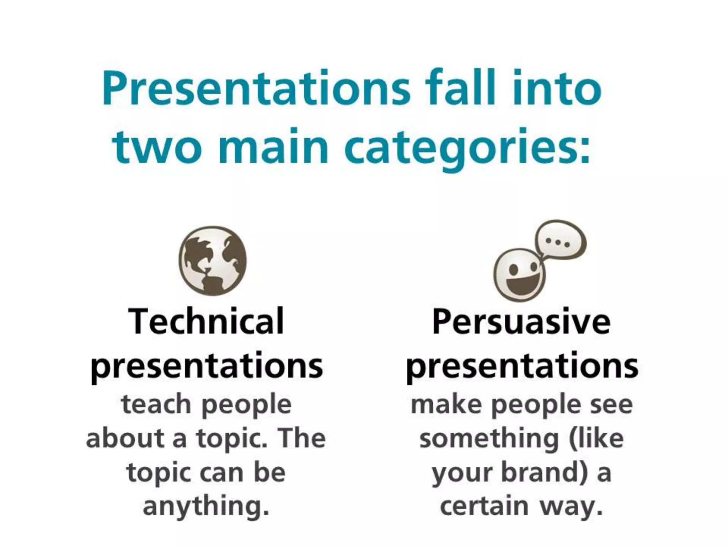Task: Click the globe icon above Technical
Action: (x=212, y=261)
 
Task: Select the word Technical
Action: (x=207, y=321)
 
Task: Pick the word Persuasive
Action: (x=521, y=321)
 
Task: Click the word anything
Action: (x=206, y=506)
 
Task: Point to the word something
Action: (x=489, y=438)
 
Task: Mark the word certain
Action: (x=484, y=506)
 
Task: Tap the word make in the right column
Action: (x=446, y=404)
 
